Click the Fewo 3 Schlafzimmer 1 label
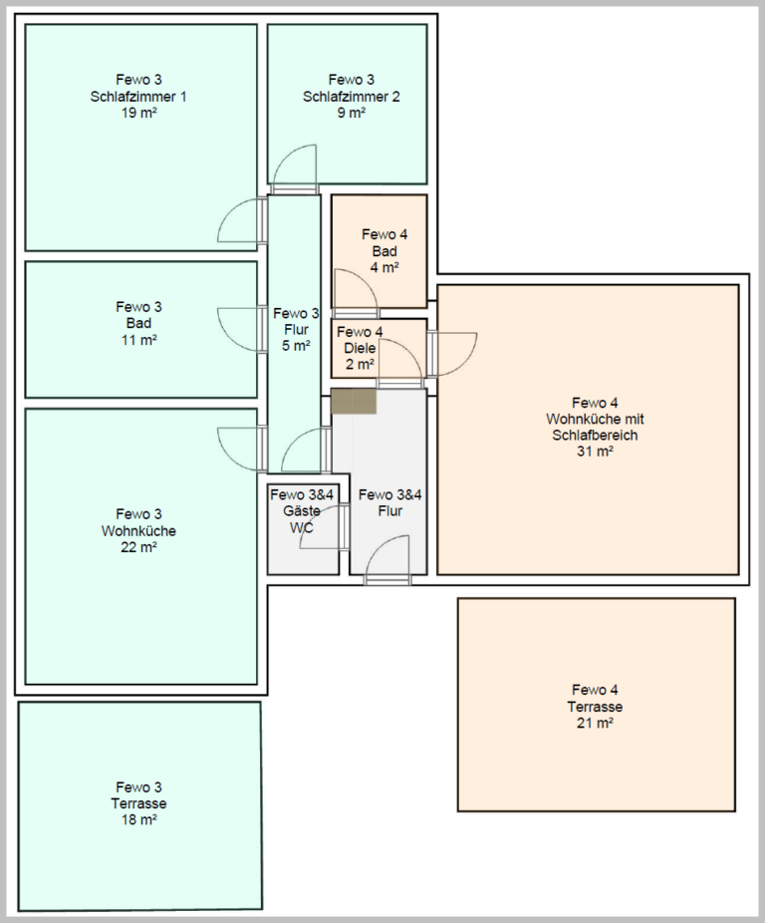pyautogui.click(x=137, y=97)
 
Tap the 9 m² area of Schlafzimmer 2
pyautogui.click(x=352, y=113)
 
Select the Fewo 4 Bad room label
pyautogui.click(x=384, y=250)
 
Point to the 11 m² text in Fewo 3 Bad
pyautogui.click(x=138, y=340)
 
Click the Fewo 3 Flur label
pyautogui.click(x=296, y=329)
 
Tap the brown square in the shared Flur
pyautogui.click(x=355, y=401)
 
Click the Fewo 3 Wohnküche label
pyautogui.click(x=138, y=530)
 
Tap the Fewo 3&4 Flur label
pyautogui.click(x=388, y=502)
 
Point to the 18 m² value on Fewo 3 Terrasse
pyautogui.click(x=138, y=819)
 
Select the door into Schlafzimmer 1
pyautogui.click(x=242, y=220)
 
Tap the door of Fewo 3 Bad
pyautogui.click(x=239, y=328)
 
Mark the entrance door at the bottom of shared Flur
pyautogui.click(x=388, y=560)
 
